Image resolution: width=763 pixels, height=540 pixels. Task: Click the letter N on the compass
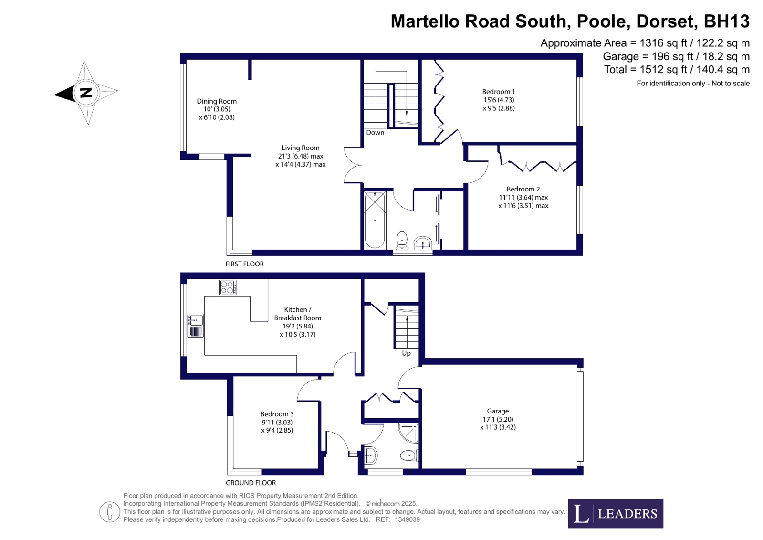[x=86, y=93]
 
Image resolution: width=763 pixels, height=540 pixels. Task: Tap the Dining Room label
[x=217, y=101]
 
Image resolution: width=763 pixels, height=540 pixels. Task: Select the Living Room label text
[x=300, y=148]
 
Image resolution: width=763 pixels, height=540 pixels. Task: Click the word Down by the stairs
[x=375, y=133]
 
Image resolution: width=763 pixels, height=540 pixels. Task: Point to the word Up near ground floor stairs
[x=406, y=353]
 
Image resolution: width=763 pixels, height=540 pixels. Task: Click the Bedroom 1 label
[x=498, y=92]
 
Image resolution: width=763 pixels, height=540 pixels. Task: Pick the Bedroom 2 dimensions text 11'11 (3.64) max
[x=523, y=198]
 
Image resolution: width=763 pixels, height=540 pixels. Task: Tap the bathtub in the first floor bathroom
[x=375, y=220]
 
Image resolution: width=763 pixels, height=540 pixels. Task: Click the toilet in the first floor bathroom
[x=402, y=240]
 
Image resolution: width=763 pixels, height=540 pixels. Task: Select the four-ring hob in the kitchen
[x=228, y=287]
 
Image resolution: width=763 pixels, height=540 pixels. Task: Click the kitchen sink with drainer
[x=196, y=325]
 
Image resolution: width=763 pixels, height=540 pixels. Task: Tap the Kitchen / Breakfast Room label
[x=297, y=314]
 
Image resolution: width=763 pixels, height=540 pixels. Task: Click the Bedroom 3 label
[x=277, y=414]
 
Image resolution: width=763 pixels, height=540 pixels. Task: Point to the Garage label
[x=498, y=411]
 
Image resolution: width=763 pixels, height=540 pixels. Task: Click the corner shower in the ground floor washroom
[x=409, y=433]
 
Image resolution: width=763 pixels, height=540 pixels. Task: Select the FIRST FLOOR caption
[x=244, y=264]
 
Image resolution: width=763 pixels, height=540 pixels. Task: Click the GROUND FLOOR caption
[x=251, y=483]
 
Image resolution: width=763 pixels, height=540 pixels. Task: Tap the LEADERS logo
[x=615, y=514]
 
